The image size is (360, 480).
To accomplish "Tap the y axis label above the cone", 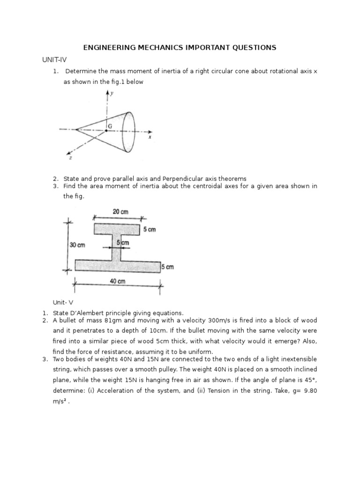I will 112,93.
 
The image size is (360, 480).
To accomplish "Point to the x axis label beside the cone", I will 149,138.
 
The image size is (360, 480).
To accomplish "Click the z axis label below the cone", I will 71,159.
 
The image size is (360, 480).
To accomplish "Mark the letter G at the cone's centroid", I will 110,127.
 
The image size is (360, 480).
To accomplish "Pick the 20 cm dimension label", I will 120,212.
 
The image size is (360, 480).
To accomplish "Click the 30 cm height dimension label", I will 78,245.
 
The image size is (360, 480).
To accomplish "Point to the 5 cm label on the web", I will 122,243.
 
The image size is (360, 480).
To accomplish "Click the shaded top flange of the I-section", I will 117,229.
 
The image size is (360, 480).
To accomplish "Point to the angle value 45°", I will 308,378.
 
